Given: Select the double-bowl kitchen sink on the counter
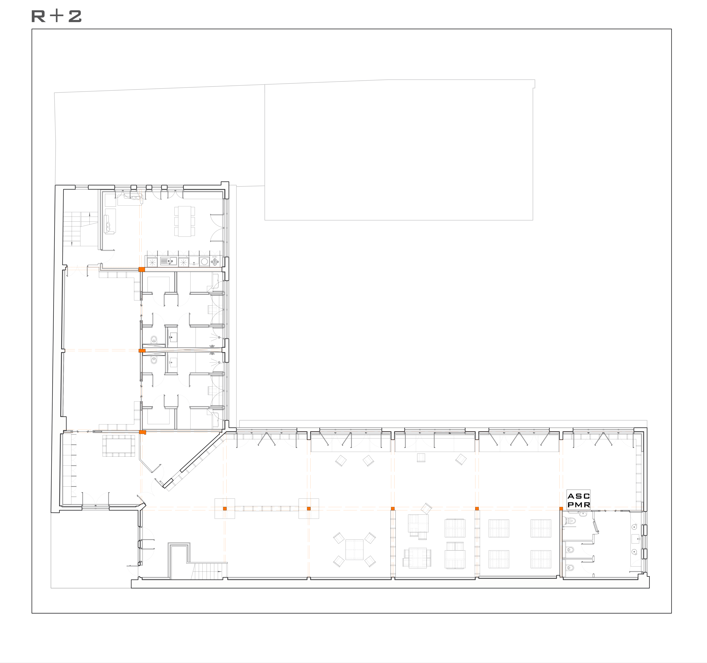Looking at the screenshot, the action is click(x=168, y=261).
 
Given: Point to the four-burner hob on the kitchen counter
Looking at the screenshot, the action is click(x=215, y=262).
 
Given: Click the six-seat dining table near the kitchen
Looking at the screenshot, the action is click(x=185, y=221).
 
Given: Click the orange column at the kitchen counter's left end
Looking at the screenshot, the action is click(x=142, y=269).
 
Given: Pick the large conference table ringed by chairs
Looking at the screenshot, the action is click(x=119, y=445).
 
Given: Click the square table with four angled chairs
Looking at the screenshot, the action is click(x=355, y=549).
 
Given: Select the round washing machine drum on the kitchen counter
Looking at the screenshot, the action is click(x=204, y=261).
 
